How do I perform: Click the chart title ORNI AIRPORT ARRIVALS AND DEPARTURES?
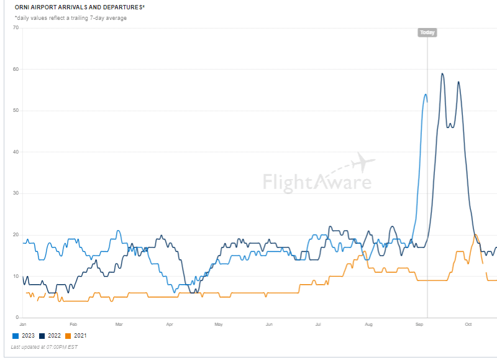[x=80, y=7]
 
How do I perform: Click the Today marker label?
[x=427, y=32]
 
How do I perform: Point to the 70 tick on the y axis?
[x=16, y=28]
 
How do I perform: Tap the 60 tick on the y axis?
[x=16, y=69]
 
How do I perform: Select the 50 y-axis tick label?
[x=16, y=111]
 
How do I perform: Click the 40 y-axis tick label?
[x=16, y=152]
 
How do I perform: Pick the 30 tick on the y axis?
[x=16, y=193]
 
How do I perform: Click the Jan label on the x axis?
[x=23, y=325]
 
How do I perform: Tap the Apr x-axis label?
[x=170, y=325]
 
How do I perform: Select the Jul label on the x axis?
[x=317, y=325]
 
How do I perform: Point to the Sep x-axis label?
[x=419, y=325]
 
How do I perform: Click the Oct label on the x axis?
[x=468, y=325]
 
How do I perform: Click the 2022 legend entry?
[x=51, y=336]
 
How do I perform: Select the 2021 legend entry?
[x=76, y=336]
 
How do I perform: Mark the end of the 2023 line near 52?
[x=427, y=102]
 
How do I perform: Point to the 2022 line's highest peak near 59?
[x=442, y=74]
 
